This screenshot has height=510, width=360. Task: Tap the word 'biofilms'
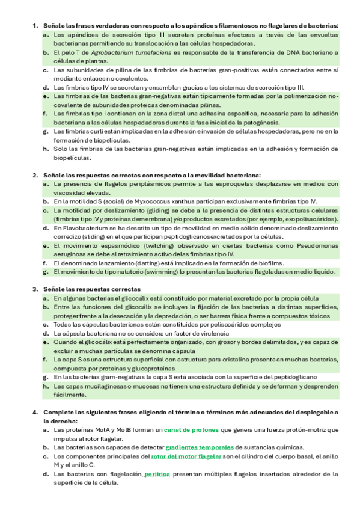(x=268, y=263)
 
